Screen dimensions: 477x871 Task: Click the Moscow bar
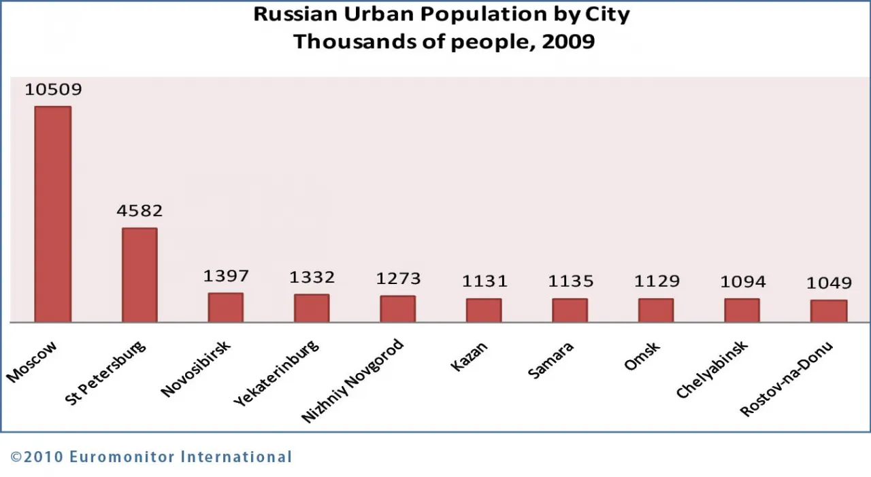coord(53,214)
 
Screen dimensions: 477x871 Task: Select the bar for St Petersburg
coord(139,275)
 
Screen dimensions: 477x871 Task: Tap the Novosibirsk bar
coord(226,307)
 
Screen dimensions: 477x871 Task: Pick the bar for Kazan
coord(484,310)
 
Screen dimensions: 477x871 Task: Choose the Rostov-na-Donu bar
coord(829,311)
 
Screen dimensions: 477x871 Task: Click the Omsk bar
coord(656,310)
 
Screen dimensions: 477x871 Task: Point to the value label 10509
coord(53,90)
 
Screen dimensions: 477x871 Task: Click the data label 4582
coord(139,211)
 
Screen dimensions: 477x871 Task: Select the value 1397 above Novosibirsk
coord(226,276)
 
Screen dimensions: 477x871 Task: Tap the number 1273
coord(398,279)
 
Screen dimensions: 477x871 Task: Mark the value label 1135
coord(570,281)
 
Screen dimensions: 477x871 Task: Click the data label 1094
coord(742,281)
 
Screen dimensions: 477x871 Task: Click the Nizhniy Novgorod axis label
coord(352,381)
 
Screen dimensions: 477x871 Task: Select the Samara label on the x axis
coord(551,360)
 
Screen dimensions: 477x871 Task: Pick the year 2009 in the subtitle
coord(568,41)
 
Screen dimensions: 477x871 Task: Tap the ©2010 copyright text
coord(37,457)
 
